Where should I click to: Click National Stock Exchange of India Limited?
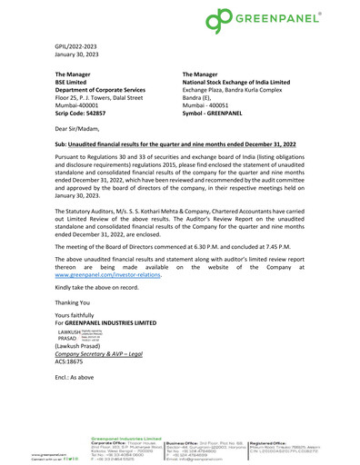pyautogui.click(x=240, y=84)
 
